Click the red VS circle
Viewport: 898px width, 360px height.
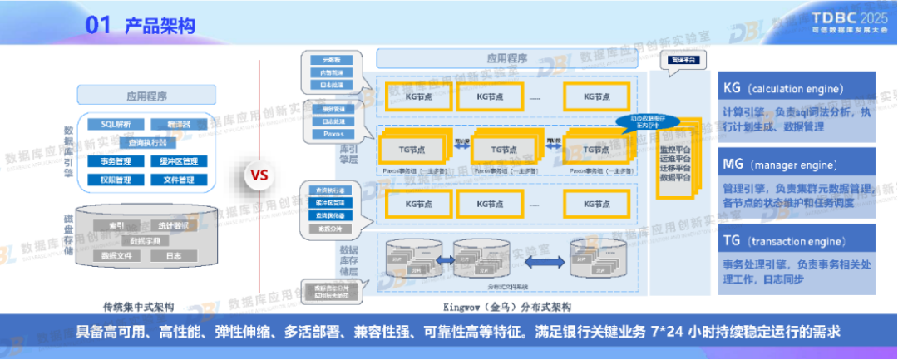click(x=259, y=175)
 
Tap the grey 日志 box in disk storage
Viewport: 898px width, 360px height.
click(x=173, y=256)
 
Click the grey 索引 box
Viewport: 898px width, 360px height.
click(x=116, y=225)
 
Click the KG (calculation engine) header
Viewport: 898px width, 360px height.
click(x=796, y=88)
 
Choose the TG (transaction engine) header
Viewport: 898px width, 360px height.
click(x=796, y=242)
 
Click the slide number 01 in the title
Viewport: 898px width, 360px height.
click(x=98, y=26)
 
